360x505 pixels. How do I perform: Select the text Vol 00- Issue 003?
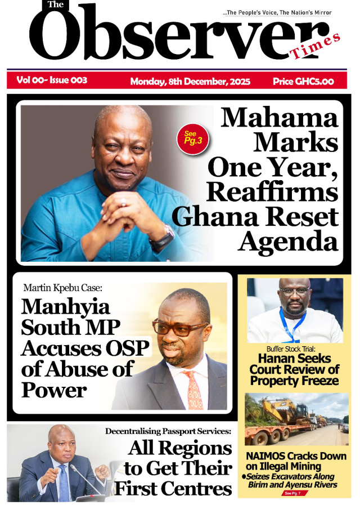52,81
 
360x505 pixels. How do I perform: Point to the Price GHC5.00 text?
303,82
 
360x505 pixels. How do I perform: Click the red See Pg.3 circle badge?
192,138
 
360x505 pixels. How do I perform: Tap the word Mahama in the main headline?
280,118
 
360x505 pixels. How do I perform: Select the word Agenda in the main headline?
287,242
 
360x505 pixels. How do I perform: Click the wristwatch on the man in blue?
162,239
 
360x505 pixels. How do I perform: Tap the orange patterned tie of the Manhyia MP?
194,389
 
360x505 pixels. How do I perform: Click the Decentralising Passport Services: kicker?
168,431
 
